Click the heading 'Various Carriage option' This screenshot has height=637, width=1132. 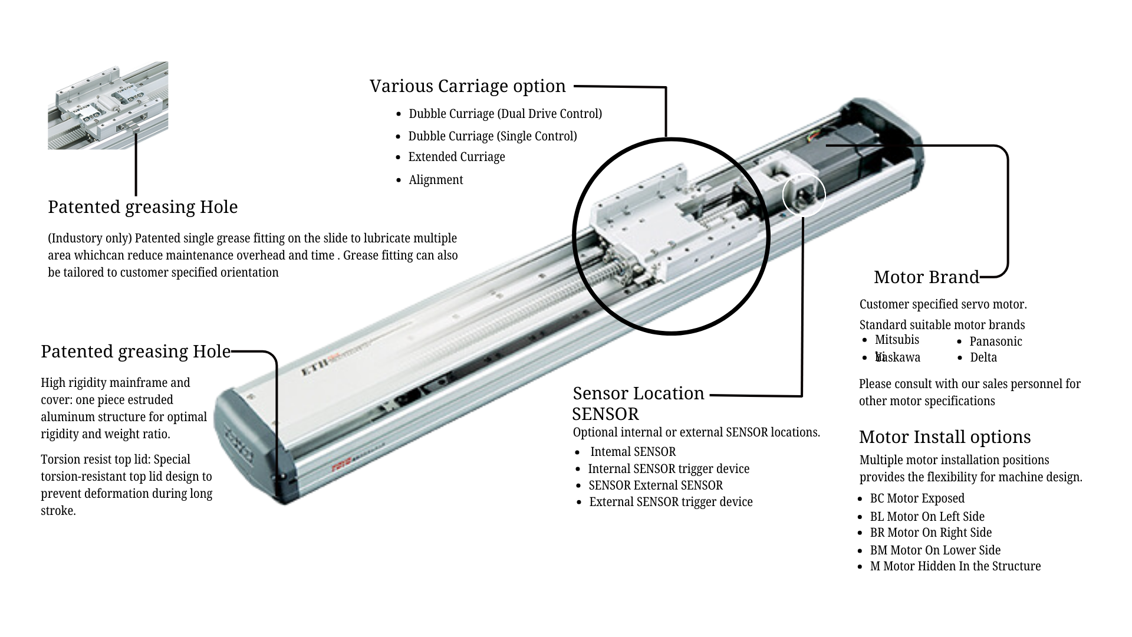click(468, 86)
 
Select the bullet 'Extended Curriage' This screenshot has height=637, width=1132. click(456, 157)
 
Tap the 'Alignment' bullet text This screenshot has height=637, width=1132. click(436, 180)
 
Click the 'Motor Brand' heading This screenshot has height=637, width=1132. click(926, 277)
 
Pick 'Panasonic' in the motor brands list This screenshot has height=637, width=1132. click(995, 342)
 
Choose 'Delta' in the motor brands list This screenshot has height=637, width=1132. click(983, 357)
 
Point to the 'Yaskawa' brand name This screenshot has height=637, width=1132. click(898, 357)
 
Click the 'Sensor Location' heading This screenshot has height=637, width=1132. click(639, 393)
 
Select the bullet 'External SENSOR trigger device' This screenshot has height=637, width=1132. click(670, 502)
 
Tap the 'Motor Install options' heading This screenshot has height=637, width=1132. click(945, 437)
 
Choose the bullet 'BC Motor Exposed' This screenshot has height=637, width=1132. click(917, 498)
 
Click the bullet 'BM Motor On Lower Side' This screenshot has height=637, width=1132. click(935, 550)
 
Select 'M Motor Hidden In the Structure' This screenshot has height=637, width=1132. click(955, 566)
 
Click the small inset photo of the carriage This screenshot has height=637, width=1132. click(108, 106)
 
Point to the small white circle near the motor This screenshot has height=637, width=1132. click(804, 195)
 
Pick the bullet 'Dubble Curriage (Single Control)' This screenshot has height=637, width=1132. click(492, 136)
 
